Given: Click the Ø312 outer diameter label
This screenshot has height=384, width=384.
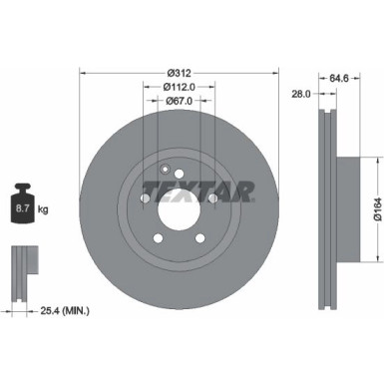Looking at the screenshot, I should (180, 73).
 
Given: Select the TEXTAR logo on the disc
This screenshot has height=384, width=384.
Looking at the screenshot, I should (197, 189).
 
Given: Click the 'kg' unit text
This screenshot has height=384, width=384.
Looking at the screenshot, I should (45, 209).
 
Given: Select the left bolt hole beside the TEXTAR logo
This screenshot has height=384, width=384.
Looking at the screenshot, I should (146, 198).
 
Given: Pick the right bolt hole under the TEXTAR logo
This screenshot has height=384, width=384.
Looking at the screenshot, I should (213, 198).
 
